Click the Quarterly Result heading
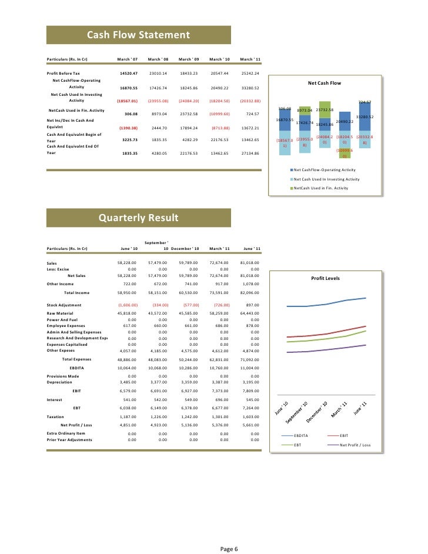point(138,218)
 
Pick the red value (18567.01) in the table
point(127,101)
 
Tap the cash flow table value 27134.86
point(250,153)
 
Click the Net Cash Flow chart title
point(324,83)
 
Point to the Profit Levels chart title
point(325,278)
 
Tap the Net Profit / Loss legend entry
point(352,445)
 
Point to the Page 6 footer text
point(229,549)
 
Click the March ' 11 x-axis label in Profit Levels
point(339,410)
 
